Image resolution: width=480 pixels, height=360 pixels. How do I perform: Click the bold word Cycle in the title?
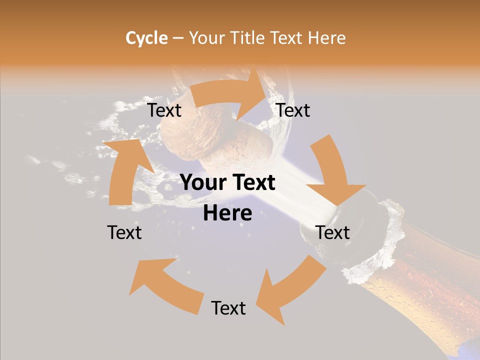(146, 38)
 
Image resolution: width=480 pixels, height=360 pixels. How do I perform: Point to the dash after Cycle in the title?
(178, 38)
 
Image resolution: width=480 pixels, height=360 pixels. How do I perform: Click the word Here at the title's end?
(325, 38)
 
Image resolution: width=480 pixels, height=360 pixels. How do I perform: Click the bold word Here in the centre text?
(227, 213)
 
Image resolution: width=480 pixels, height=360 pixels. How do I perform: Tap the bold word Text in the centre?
(253, 183)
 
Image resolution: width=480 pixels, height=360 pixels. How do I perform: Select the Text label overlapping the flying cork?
(164, 110)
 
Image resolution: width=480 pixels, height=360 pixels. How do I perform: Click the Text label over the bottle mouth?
(332, 232)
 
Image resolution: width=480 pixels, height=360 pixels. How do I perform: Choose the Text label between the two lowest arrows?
(228, 308)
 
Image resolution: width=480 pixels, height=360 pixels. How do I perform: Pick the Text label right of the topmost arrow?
(293, 110)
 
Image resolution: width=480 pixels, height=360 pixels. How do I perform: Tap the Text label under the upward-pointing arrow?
(124, 232)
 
